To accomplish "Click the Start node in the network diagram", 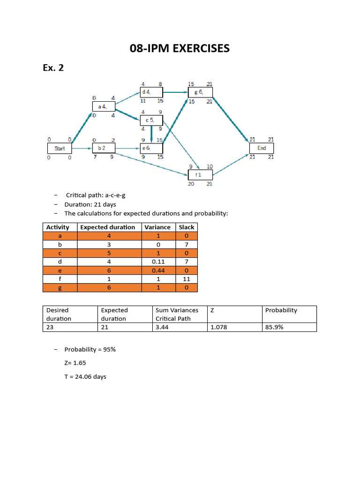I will pyautogui.click(x=60, y=148).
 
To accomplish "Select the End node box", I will pyautogui.click(x=262, y=148).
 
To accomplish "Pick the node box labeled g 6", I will pyautogui.click(x=200, y=92).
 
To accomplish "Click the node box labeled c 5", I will pyautogui.click(x=151, y=120).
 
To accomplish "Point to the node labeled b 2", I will pyautogui.click(x=104, y=148).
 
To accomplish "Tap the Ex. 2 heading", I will pyautogui.click(x=53, y=68).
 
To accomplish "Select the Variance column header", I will pyautogui.click(x=157, y=227).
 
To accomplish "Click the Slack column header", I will pyautogui.click(x=187, y=227).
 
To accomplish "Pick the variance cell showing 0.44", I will pyautogui.click(x=157, y=270).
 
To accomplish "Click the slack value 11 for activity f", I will pyautogui.click(x=187, y=279).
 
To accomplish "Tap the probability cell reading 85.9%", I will pyautogui.click(x=274, y=327).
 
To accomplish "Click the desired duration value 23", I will pyautogui.click(x=50, y=327).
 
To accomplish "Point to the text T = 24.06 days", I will pyautogui.click(x=85, y=376).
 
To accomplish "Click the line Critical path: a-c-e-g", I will pyautogui.click(x=96, y=195).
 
